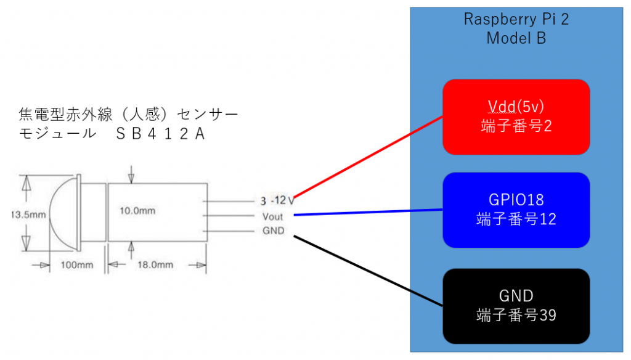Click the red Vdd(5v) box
pyautogui.click(x=516, y=117)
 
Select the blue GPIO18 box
pyautogui.click(x=516, y=210)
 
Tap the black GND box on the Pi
pyautogui.click(x=516, y=306)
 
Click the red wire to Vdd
pyautogui.click(x=370, y=157)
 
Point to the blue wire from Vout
pyautogui.click(x=370, y=213)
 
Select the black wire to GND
pyautogui.click(x=370, y=271)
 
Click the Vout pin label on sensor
pyautogui.click(x=272, y=216)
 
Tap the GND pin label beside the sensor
pyautogui.click(x=273, y=231)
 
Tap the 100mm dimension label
pyautogui.click(x=76, y=264)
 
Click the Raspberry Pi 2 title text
pyautogui.click(x=516, y=18)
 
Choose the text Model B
pyautogui.click(x=516, y=38)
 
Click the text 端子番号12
pyautogui.click(x=516, y=219)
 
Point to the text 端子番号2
pyautogui.click(x=516, y=126)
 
